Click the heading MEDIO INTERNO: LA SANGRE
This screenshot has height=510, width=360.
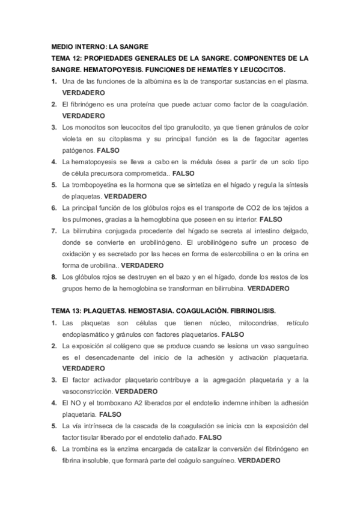[100, 46]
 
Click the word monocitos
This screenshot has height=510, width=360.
[98, 127]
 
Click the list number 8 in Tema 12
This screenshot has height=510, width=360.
[54, 277]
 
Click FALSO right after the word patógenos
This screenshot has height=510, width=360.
[108, 150]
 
